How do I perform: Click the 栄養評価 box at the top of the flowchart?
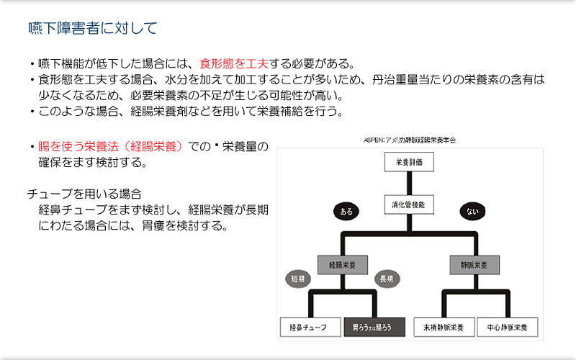(x=409, y=163)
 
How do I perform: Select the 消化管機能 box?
(x=409, y=204)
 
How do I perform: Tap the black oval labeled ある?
(x=346, y=211)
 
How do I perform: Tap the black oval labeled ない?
(x=472, y=211)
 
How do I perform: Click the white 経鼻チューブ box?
(x=309, y=328)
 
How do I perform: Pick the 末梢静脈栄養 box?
(x=444, y=328)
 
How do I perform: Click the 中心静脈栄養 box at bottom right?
(x=507, y=328)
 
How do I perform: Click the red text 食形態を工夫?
(x=234, y=64)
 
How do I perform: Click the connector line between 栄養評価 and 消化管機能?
(x=409, y=184)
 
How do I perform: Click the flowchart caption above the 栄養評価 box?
(x=409, y=140)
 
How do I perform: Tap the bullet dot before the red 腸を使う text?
(x=32, y=147)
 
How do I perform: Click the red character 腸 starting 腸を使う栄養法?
(x=44, y=147)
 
